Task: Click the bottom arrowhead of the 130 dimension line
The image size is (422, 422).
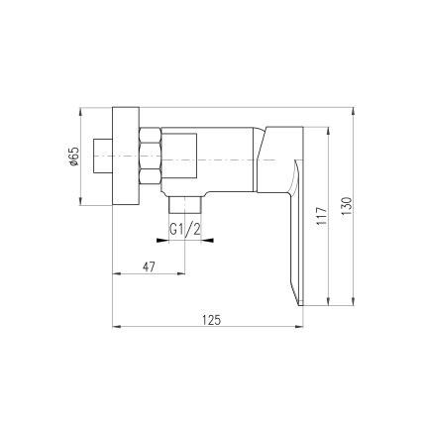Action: (x=357, y=306)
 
